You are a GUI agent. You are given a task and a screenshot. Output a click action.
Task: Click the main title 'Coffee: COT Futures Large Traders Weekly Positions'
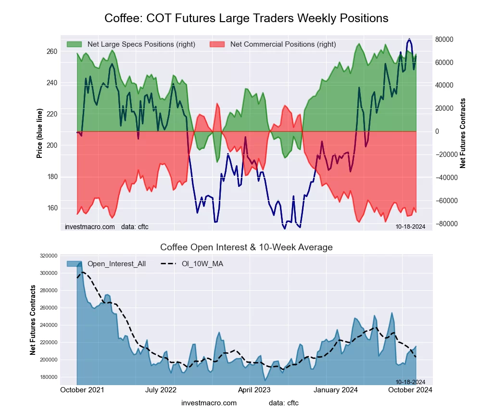pos(246,18)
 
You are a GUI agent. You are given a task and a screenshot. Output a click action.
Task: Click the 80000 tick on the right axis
pos(445,39)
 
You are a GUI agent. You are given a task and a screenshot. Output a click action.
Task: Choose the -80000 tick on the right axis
pos(446,224)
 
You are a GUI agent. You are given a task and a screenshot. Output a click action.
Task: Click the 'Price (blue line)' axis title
pos(39,130)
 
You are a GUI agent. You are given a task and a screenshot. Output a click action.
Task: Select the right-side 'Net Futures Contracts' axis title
pos(463,133)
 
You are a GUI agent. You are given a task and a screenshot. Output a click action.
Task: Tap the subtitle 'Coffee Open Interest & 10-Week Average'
pos(246,247)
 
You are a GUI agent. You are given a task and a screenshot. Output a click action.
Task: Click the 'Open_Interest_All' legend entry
pos(117,264)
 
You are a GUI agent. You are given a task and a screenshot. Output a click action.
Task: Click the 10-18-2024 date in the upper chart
pos(410,226)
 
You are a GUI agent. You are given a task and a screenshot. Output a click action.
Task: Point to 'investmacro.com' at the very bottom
pos(209,403)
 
